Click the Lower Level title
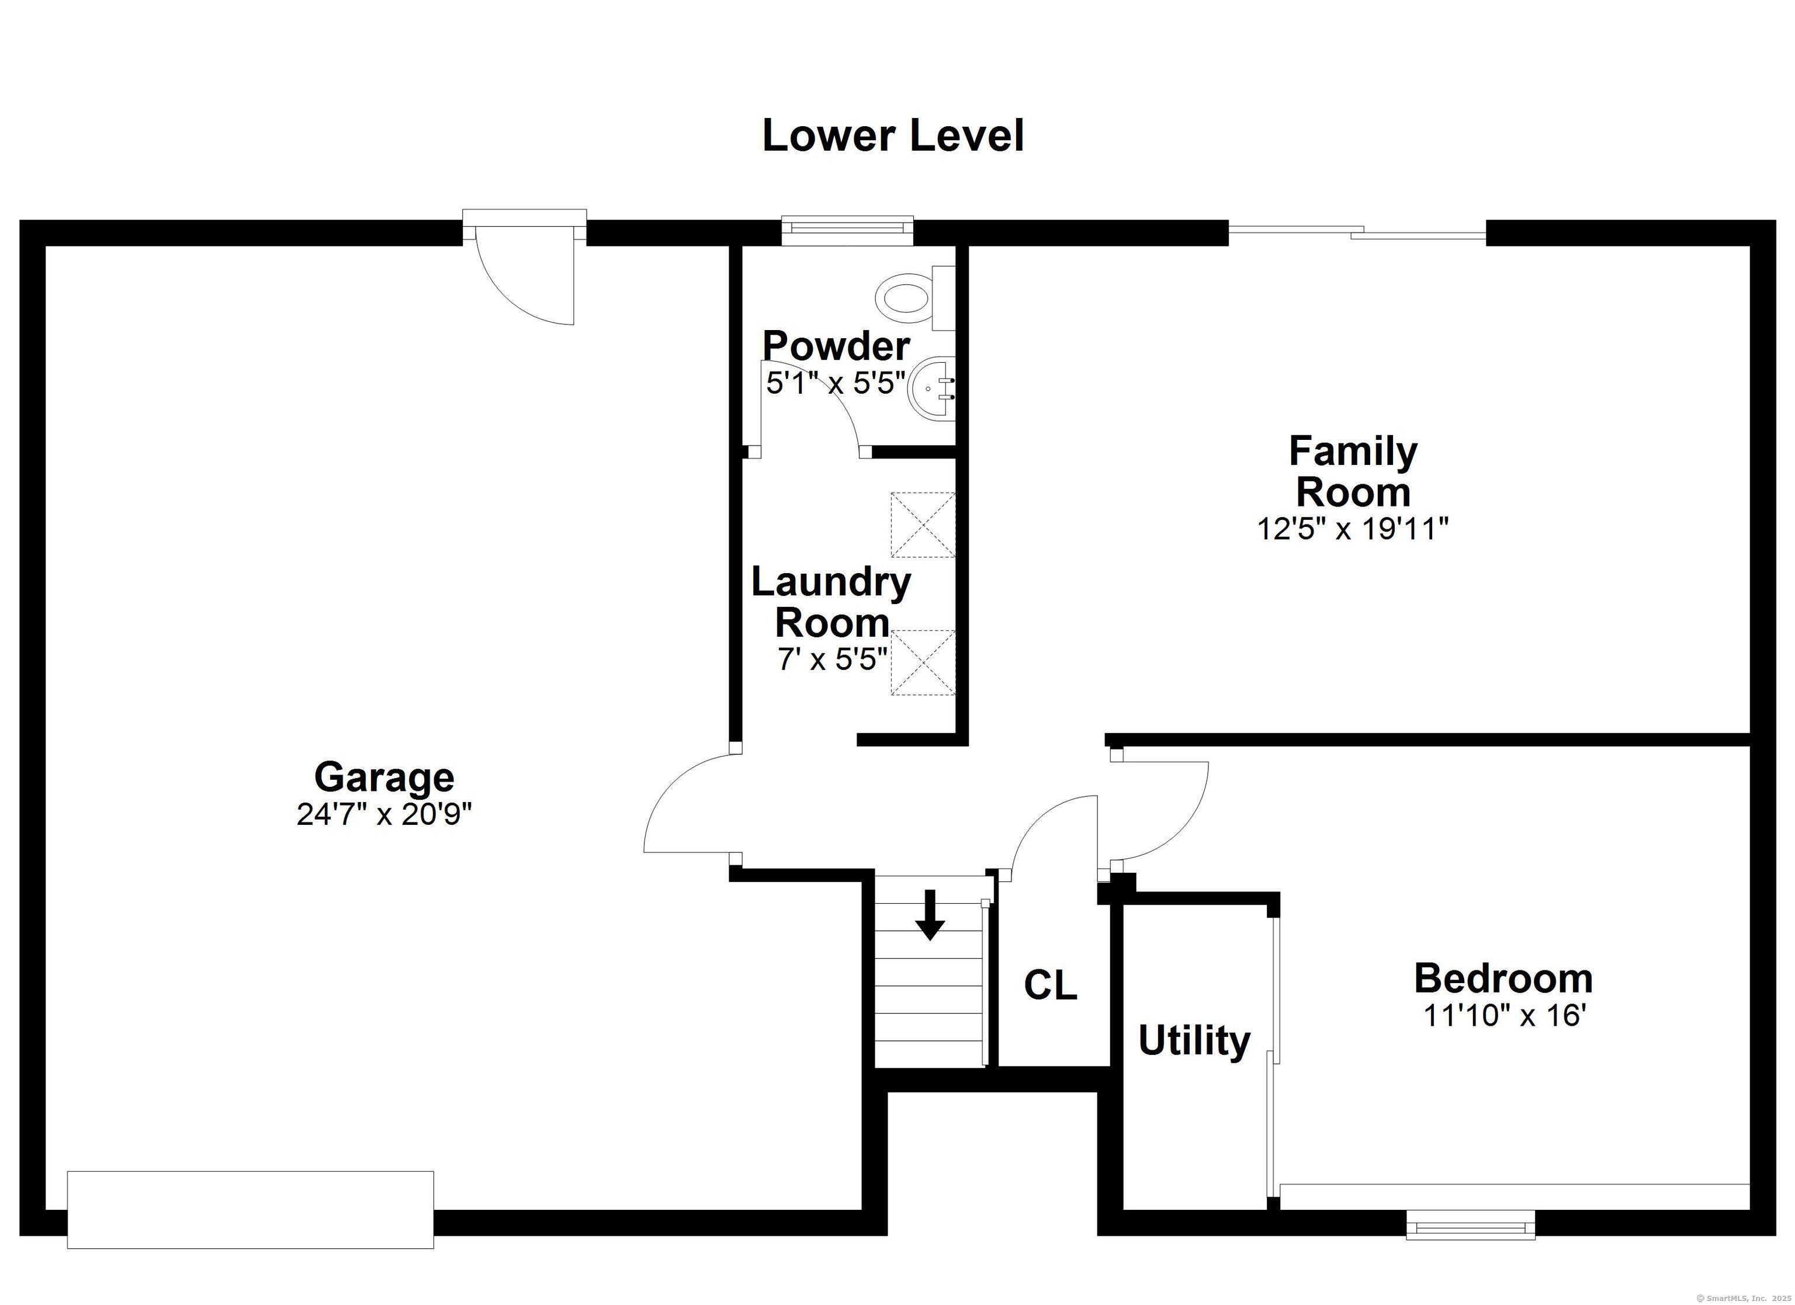click(x=893, y=136)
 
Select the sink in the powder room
click(x=933, y=388)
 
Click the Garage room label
click(x=384, y=777)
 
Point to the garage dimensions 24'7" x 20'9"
click(x=384, y=814)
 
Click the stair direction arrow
click(x=930, y=915)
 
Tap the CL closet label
click(x=1050, y=985)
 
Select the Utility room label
click(x=1194, y=1041)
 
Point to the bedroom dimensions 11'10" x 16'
click(x=1504, y=1015)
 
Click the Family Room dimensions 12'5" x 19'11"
click(x=1353, y=529)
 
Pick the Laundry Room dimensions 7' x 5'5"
click(x=833, y=658)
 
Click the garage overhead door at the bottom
click(x=250, y=1209)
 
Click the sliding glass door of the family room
click(x=1357, y=232)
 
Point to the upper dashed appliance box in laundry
click(x=923, y=525)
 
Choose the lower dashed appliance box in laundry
click(x=923, y=662)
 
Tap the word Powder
click(x=836, y=346)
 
